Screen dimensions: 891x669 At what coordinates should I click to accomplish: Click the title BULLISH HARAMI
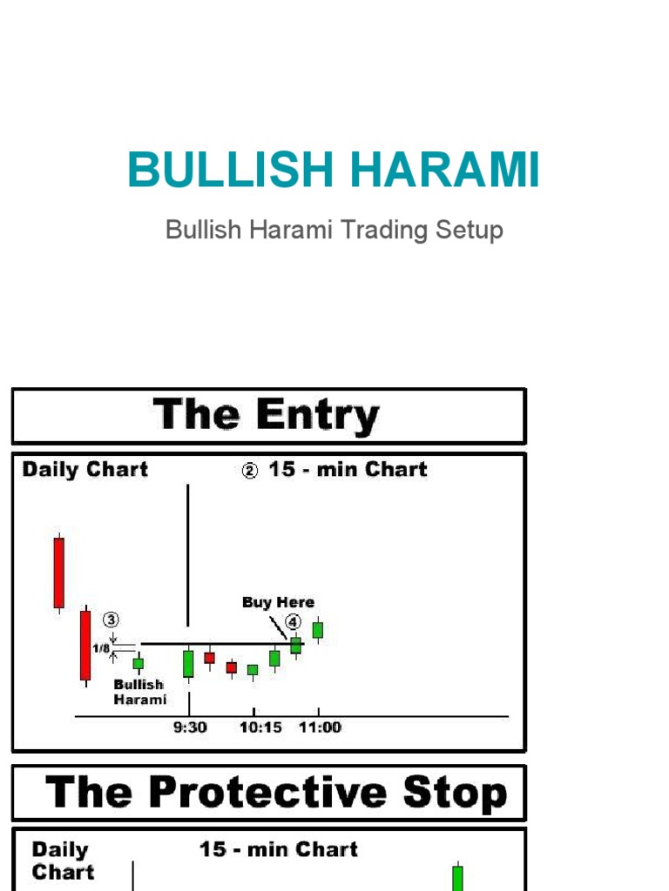click(x=334, y=170)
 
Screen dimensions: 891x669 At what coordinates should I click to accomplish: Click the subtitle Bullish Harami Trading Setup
click(x=334, y=231)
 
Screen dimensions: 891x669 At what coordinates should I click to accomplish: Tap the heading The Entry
click(x=267, y=416)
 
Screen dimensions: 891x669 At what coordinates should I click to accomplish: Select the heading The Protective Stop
click(x=275, y=793)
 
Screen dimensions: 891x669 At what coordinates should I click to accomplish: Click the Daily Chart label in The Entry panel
click(x=84, y=470)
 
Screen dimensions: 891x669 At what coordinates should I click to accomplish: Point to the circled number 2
click(x=250, y=472)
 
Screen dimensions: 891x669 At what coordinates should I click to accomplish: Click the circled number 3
click(x=111, y=620)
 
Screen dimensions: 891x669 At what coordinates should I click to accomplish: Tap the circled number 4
click(x=293, y=622)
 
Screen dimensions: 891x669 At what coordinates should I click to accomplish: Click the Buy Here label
click(x=278, y=602)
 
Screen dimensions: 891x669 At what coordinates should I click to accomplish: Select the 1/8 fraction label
click(x=102, y=648)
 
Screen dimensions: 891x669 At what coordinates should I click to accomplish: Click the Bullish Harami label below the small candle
click(x=139, y=692)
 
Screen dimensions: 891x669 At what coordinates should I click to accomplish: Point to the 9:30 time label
click(x=189, y=727)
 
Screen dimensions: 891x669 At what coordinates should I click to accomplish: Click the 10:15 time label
click(x=260, y=727)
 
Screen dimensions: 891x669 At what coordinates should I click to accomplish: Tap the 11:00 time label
click(x=320, y=727)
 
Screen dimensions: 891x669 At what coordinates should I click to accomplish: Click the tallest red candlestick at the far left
click(x=58, y=573)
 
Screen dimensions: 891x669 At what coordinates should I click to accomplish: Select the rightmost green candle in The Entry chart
click(x=318, y=630)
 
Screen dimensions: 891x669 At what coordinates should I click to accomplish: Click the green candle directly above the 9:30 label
click(x=188, y=663)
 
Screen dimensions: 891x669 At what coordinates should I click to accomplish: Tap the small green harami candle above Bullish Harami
click(x=138, y=663)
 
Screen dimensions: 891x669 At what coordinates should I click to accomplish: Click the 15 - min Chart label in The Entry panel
click(x=347, y=470)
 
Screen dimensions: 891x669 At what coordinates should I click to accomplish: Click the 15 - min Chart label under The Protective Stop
click(x=278, y=849)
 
